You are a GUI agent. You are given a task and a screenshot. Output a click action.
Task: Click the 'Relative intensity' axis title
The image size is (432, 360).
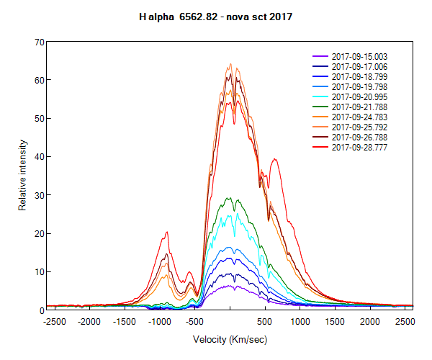(x=22, y=176)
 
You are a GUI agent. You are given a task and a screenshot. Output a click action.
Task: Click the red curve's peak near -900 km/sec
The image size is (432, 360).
(x=167, y=232)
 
